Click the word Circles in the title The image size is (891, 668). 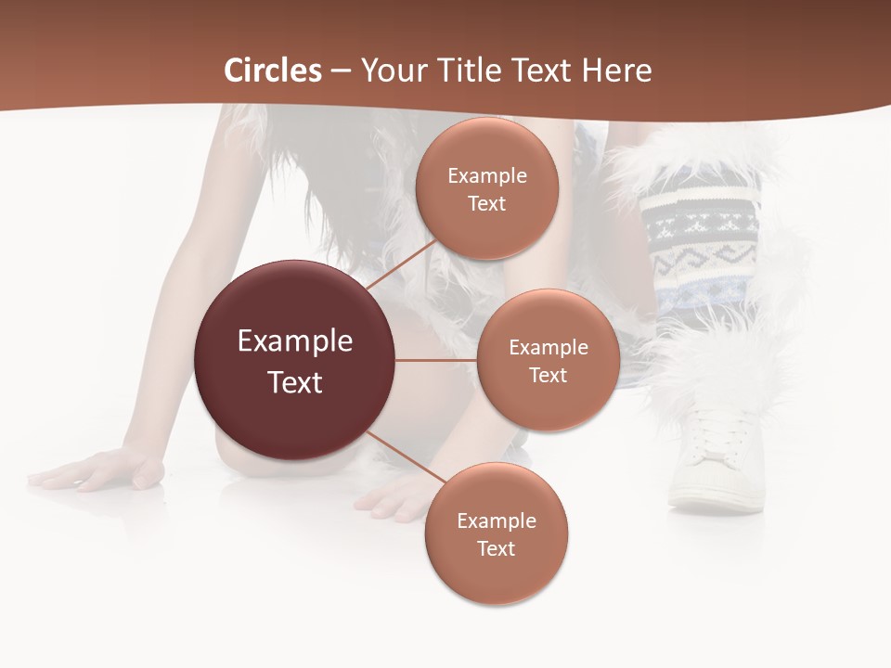[273, 71]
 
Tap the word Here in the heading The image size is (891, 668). [616, 71]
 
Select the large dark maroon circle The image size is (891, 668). [294, 360]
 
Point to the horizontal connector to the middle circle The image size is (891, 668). [436, 360]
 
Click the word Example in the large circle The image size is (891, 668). [294, 340]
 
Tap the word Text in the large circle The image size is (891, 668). [294, 382]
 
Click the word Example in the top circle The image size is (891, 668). [487, 176]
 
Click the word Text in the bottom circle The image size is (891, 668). [496, 549]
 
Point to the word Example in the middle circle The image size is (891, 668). [549, 348]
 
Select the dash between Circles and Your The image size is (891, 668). [341, 71]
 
